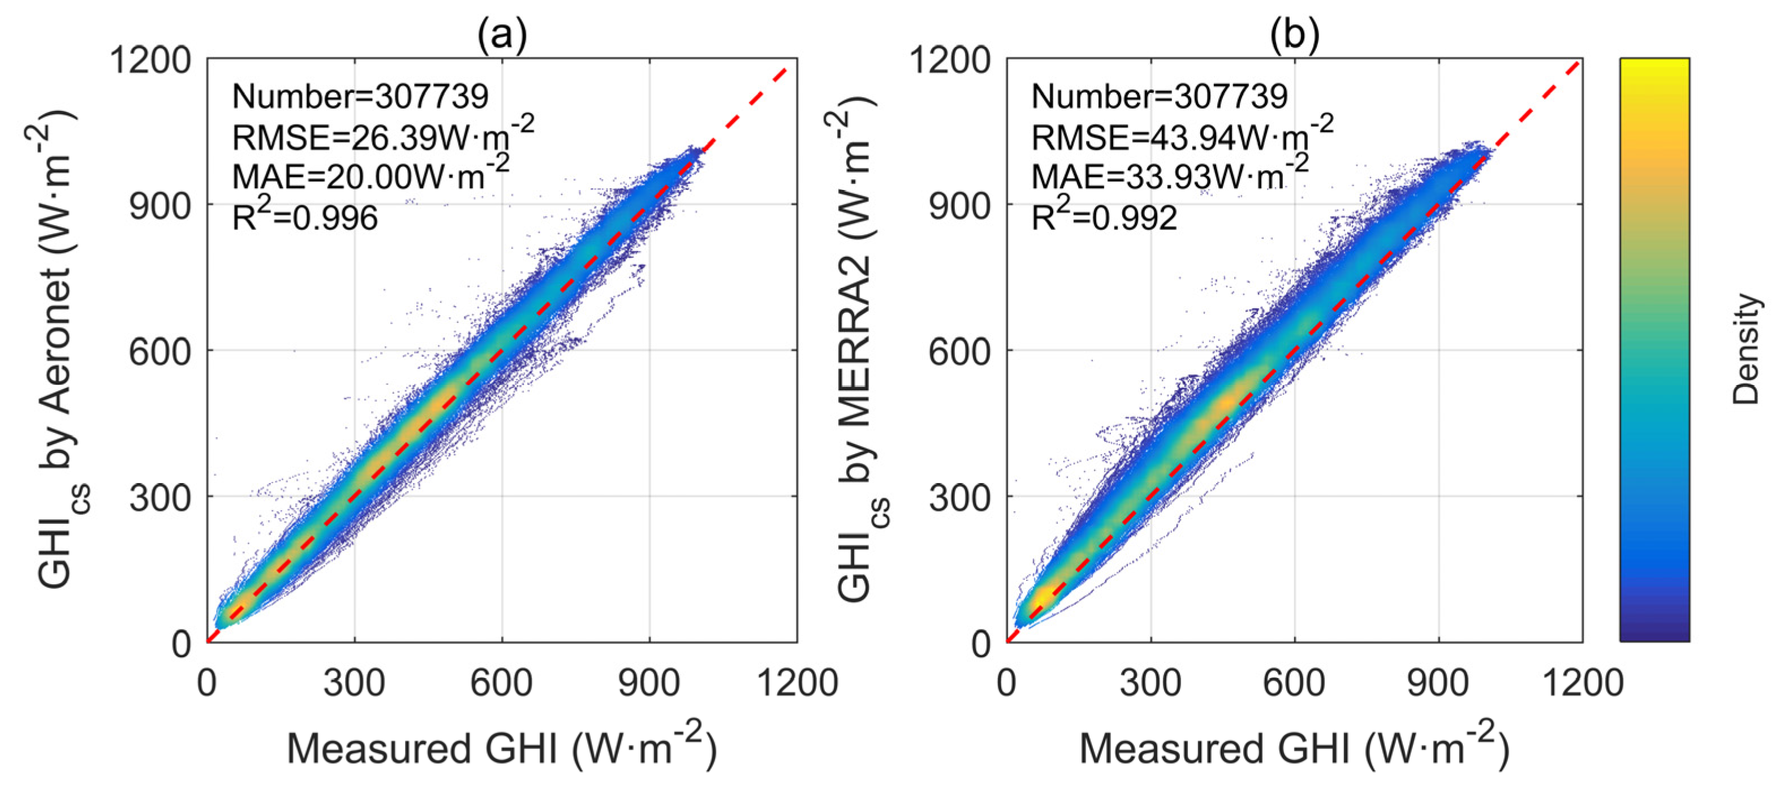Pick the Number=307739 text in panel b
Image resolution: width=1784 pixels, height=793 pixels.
(1160, 96)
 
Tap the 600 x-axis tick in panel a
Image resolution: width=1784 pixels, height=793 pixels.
(501, 683)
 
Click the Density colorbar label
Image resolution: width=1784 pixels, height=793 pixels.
(1745, 349)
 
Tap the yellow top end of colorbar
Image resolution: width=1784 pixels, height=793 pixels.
(1654, 66)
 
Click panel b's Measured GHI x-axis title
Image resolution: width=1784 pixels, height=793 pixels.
(1294, 747)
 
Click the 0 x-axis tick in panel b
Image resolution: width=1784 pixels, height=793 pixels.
(1006, 683)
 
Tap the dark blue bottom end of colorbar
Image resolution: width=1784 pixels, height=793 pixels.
(1654, 633)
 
